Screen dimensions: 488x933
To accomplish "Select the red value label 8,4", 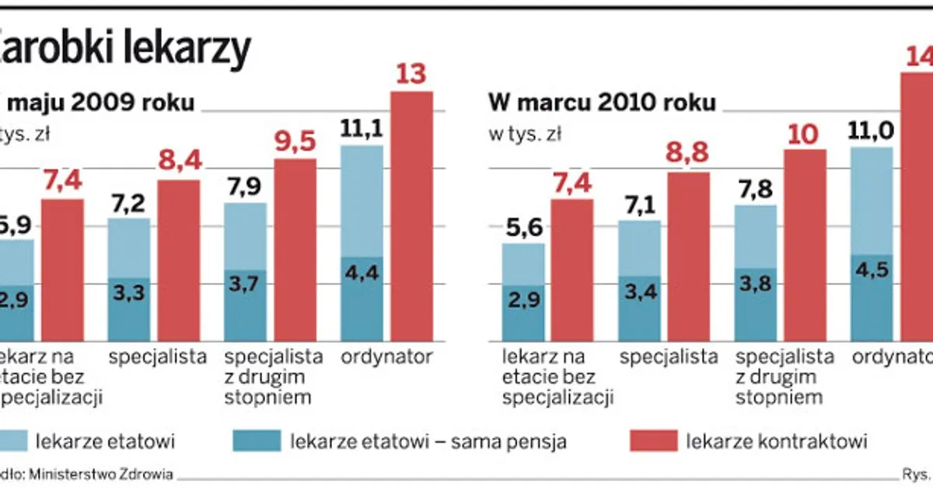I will (x=179, y=162).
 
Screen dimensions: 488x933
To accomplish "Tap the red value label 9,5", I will (x=295, y=141).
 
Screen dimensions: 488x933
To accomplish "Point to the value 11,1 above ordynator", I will (x=362, y=128).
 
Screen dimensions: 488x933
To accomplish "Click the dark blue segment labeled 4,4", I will (x=362, y=299).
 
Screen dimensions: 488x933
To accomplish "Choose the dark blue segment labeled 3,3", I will (x=128, y=309).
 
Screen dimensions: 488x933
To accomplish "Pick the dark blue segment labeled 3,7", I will (x=245, y=305).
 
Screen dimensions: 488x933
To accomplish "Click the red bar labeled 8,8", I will (x=688, y=256).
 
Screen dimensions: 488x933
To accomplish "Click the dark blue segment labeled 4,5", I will (x=872, y=298).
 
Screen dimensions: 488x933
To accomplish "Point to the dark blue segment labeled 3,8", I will (x=755, y=305).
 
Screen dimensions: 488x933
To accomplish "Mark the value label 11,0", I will (x=871, y=130).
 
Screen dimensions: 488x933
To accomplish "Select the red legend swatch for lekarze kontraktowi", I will (x=652, y=442).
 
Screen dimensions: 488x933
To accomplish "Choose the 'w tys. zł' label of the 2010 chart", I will (x=525, y=134).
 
